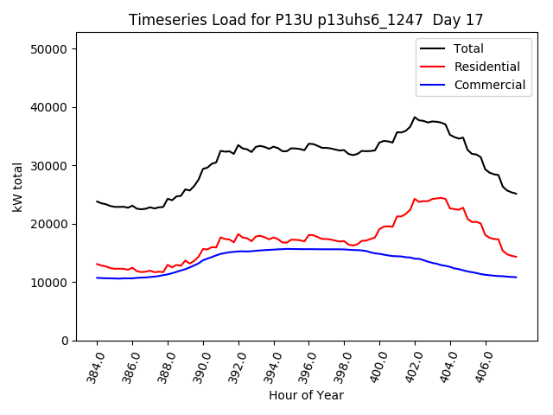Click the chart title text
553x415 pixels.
(x=306, y=19)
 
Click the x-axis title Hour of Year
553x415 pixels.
(x=306, y=395)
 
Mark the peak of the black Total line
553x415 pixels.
(x=415, y=118)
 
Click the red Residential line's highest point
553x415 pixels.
(x=441, y=198)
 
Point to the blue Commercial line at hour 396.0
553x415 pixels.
(x=308, y=249)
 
